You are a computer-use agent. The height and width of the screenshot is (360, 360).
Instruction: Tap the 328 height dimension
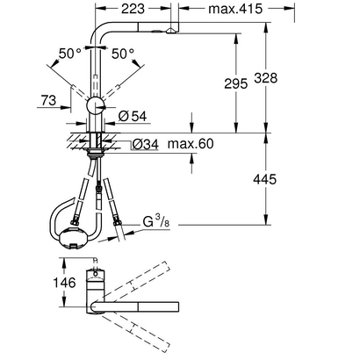coord(268,77)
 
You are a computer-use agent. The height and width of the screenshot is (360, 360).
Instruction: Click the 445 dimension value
coord(268,179)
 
